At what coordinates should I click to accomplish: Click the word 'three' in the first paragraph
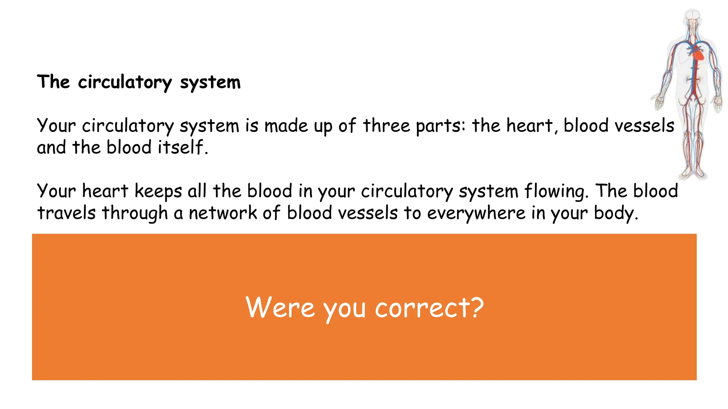[x=386, y=126]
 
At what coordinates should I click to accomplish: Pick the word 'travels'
[x=66, y=213]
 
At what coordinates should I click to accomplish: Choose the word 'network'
[x=223, y=213]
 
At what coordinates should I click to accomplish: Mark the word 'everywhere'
[x=476, y=213]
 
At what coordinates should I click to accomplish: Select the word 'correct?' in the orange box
[x=429, y=307]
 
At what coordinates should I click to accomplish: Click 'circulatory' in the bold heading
[x=125, y=83]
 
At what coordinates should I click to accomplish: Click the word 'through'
[x=135, y=213]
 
